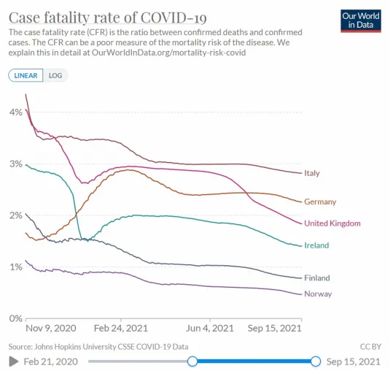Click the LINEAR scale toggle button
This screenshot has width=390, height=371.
26,75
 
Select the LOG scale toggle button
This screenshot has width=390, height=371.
55,75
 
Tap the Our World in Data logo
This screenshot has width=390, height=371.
361,21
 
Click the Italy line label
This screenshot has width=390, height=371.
312,173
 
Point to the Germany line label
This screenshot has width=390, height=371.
320,202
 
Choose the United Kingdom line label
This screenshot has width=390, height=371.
332,223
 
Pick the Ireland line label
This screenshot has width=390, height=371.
316,245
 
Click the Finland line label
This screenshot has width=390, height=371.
317,278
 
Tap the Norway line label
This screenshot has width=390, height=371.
318,294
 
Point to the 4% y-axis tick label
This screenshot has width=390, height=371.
16,112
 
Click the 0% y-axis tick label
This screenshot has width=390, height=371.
16,318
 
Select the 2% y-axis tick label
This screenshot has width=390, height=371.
16,215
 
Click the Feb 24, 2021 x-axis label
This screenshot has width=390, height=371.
121,329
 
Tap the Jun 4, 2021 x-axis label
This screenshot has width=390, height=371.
210,329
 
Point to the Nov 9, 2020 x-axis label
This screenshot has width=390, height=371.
51,329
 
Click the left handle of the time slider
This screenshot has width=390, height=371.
192,362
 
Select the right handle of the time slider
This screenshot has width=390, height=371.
316,362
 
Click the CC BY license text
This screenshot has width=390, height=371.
370,347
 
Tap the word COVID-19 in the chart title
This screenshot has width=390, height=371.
173,18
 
